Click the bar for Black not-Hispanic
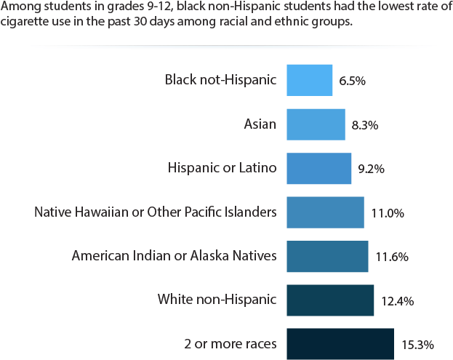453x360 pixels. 309,80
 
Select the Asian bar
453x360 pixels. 316,124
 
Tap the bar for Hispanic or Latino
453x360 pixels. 318,169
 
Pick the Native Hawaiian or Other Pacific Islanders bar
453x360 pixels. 325,212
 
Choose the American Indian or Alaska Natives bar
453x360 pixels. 327,257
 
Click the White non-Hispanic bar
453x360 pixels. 330,300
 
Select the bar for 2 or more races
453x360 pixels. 340,343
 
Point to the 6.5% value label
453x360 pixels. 352,81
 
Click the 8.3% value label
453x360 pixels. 364,125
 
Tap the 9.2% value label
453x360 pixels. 371,169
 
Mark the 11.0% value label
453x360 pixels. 388,214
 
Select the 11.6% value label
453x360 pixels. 392,257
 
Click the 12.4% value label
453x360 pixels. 398,301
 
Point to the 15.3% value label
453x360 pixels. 417,345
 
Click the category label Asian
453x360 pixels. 260,124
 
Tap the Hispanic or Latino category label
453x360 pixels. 222,168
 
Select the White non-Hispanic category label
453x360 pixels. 217,299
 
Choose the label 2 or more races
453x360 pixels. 231,343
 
